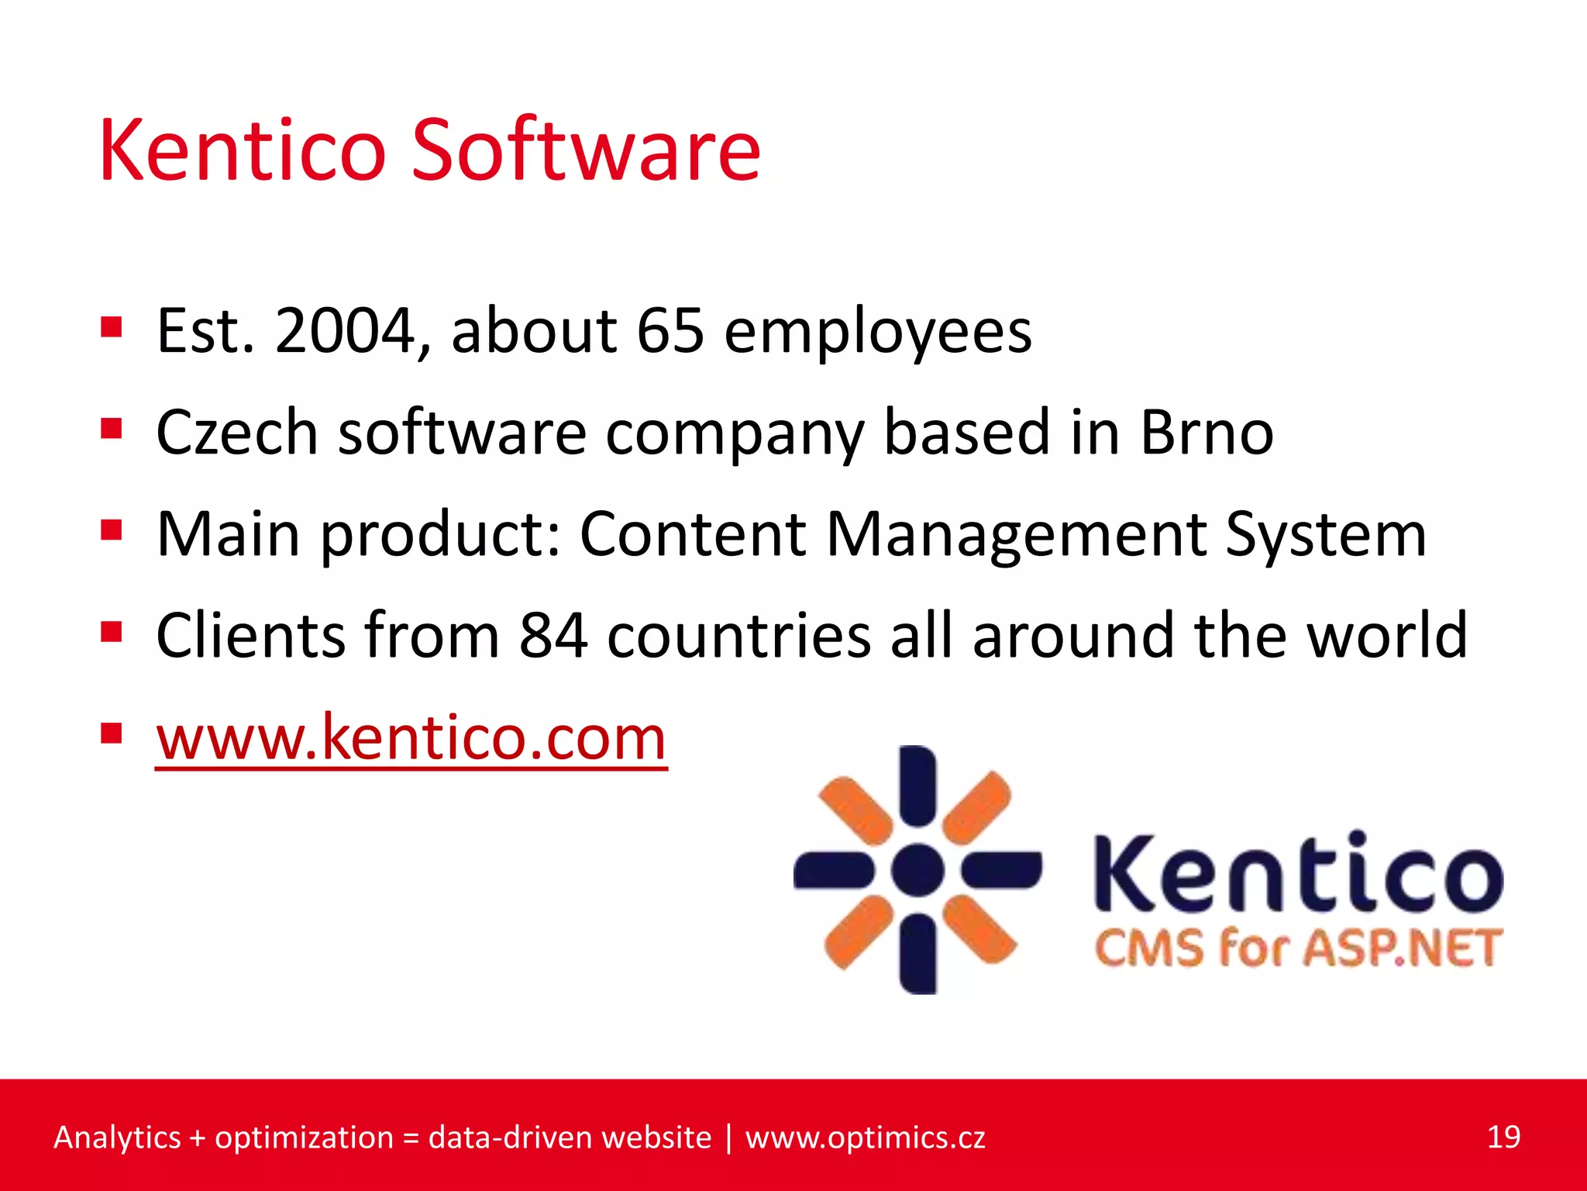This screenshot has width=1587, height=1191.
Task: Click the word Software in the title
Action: [x=585, y=151]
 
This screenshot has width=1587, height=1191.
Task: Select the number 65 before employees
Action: [x=670, y=331]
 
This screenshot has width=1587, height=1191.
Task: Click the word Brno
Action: [x=1207, y=432]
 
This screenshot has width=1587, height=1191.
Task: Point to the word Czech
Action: [x=236, y=432]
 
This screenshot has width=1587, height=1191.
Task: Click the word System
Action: [x=1326, y=535]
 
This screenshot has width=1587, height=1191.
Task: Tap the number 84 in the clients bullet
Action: [x=553, y=636]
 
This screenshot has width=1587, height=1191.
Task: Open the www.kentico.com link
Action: [x=411, y=738]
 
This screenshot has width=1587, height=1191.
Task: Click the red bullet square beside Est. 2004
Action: [x=112, y=327]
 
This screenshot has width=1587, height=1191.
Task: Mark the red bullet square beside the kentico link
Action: [x=112, y=734]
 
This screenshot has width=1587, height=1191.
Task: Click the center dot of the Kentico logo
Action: [x=917, y=870]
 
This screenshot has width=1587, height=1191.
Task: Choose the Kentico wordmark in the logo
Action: [x=1298, y=872]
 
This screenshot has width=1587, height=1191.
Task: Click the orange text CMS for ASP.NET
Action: [x=1298, y=948]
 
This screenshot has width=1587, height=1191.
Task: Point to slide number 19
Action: [x=1503, y=1137]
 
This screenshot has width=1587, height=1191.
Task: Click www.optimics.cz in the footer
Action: [x=865, y=1137]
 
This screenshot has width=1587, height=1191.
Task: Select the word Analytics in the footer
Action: [x=117, y=1137]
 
